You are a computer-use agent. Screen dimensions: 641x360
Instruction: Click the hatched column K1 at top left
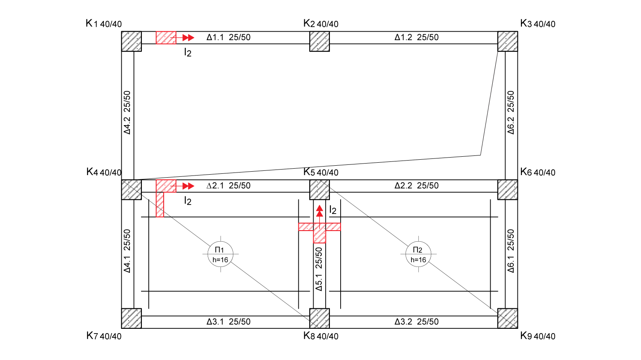[131, 41]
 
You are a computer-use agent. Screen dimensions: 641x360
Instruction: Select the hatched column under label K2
[319, 41]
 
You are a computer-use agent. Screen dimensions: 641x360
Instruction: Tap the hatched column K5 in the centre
[319, 190]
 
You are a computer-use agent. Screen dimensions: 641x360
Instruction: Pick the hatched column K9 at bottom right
[508, 318]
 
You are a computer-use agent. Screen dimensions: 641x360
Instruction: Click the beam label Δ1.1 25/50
[228, 37]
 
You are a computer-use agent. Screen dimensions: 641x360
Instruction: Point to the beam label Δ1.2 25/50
[416, 37]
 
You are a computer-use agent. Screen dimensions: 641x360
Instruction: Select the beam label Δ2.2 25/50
[416, 186]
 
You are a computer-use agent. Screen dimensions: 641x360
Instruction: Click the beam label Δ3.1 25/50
[228, 322]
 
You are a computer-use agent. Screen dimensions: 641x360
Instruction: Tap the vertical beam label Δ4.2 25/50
[127, 112]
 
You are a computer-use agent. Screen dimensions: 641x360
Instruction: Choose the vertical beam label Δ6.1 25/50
[511, 251]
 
